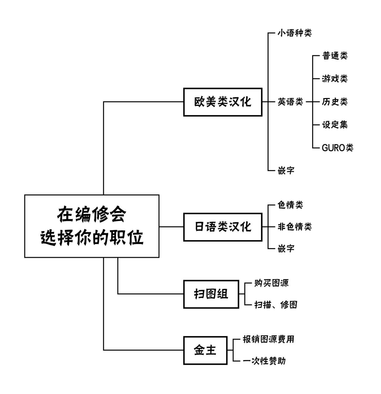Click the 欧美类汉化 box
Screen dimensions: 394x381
222,102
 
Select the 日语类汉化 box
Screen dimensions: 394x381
222,227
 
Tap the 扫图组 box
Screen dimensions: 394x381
211,294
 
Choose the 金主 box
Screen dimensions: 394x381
205,350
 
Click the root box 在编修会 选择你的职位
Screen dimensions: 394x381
92,226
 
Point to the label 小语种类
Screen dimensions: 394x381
294,33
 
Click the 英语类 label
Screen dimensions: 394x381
290,102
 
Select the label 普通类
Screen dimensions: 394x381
335,56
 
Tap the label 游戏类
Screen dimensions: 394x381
335,79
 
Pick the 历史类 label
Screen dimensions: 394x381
335,102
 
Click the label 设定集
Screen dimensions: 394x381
335,125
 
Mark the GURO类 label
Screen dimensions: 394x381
337,148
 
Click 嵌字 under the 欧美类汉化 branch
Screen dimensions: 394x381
286,171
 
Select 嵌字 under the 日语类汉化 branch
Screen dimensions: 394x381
286,248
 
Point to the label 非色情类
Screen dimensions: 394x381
294,227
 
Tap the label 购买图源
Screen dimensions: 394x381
271,283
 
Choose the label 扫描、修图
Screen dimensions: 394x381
276,305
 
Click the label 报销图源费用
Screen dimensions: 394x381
268,339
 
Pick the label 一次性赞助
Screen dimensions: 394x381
264,361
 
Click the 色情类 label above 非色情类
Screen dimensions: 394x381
290,205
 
